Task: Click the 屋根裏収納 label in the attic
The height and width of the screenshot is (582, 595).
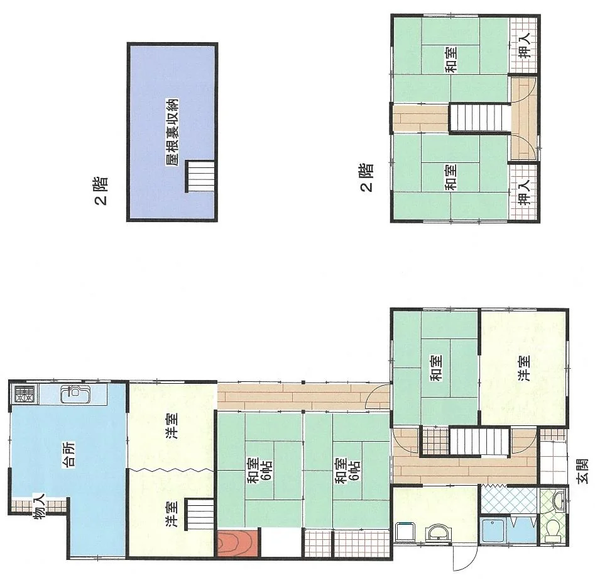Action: tap(172, 133)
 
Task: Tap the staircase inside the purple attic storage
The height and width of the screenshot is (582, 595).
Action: tap(200, 176)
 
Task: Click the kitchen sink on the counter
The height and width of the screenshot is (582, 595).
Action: tap(75, 395)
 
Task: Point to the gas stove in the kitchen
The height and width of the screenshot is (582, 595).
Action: tap(25, 394)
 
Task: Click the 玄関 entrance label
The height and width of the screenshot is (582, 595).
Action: tap(582, 471)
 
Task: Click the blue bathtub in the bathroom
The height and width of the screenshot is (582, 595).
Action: tap(493, 530)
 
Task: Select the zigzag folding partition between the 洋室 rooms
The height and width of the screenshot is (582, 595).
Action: tap(171, 470)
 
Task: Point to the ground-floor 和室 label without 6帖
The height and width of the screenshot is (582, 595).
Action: tap(435, 367)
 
